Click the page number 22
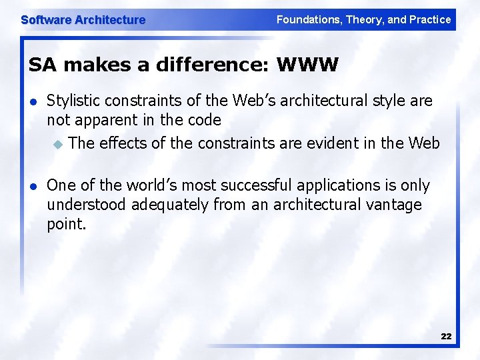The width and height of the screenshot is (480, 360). [446, 337]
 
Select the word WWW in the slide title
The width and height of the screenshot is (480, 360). [307, 65]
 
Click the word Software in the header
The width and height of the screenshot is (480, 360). [46, 20]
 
